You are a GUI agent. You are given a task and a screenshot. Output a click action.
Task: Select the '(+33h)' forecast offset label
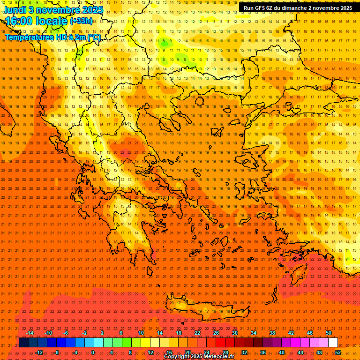81,21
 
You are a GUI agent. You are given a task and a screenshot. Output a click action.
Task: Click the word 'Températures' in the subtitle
28,37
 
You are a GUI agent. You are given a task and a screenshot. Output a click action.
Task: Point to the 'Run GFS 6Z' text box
298,7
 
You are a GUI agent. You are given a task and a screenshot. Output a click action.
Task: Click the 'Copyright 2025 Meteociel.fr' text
199,357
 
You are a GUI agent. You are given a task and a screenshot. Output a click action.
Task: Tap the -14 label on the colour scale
30,333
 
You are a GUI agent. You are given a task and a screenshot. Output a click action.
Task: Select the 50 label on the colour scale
329,333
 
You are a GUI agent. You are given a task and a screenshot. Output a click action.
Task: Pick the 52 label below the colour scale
338,352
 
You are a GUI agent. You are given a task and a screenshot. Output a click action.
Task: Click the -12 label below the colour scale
39,352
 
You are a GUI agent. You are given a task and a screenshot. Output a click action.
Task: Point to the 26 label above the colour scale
216,333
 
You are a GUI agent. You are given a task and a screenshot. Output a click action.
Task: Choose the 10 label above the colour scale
141,333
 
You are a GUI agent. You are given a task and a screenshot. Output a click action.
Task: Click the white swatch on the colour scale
333,343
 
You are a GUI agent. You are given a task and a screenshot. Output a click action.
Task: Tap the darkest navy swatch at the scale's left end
23,343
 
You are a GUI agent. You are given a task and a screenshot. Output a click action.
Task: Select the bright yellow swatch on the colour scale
145,343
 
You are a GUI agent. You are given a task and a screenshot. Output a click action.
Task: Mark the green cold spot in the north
164,42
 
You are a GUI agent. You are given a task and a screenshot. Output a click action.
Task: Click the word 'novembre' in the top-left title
55,9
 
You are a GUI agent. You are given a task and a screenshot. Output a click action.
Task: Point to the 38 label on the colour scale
272,333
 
